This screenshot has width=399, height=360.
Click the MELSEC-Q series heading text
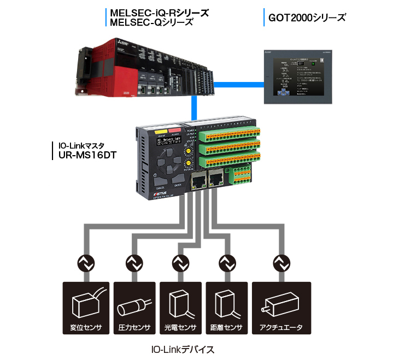[151, 22]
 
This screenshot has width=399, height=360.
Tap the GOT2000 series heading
[307, 17]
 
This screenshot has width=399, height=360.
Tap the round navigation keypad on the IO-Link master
[168, 164]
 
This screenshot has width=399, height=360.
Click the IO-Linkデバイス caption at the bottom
[183, 348]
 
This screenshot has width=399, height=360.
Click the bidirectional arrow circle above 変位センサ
[85, 264]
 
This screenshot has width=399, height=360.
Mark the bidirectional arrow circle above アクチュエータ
[281, 264]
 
